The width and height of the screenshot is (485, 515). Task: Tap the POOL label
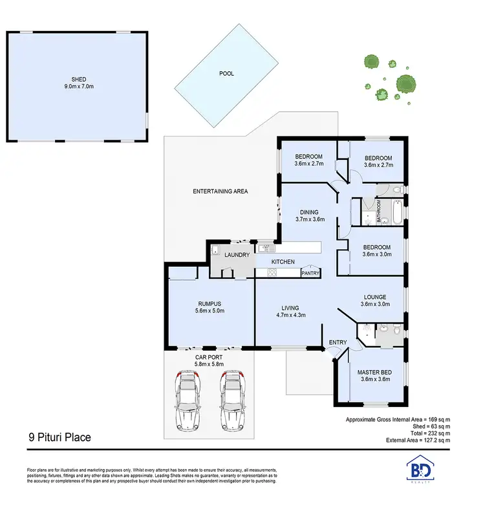pos(226,74)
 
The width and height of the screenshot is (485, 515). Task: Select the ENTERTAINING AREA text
pos(221,192)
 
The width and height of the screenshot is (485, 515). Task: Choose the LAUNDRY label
pos(237,256)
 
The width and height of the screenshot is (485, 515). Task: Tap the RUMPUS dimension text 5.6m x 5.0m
pos(210,311)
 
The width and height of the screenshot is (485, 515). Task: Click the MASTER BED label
pos(375,372)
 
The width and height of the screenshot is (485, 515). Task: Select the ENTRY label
pos(338,342)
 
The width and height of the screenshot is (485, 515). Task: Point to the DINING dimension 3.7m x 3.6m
pos(309,219)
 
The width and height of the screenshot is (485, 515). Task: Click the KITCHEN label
pos(283,262)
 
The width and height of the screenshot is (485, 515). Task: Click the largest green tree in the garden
pos(405,84)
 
